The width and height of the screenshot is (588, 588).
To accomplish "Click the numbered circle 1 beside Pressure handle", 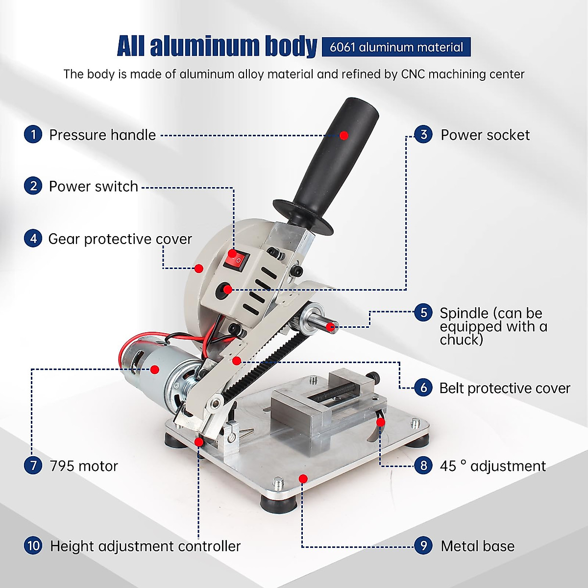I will click(33, 134).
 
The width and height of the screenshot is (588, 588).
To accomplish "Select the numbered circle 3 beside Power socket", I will click(424, 134).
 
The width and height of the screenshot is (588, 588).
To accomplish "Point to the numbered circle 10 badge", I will click(33, 545).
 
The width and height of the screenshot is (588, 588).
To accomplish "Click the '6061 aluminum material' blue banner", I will click(396, 47).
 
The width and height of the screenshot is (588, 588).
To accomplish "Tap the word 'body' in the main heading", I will click(291, 46).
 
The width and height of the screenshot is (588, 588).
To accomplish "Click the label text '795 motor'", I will click(84, 465).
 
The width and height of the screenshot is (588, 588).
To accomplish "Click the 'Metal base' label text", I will click(477, 546).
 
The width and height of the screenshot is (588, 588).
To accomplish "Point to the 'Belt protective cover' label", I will click(505, 388).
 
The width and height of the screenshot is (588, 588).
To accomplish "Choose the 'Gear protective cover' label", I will click(120, 239).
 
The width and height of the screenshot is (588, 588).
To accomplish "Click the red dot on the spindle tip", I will click(331, 326).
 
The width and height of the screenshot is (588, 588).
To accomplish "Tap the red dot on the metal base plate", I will click(303, 478).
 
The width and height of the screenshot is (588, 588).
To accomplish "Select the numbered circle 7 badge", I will click(33, 465).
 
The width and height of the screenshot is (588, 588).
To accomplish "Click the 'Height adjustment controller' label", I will click(145, 546).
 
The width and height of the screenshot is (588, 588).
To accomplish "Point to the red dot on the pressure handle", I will click(344, 135).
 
